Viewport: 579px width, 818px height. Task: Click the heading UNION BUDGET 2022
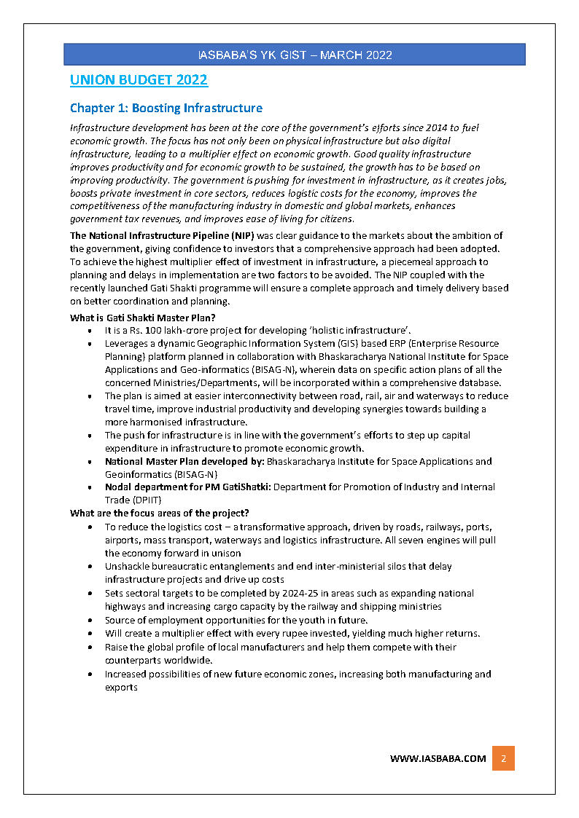[139, 80]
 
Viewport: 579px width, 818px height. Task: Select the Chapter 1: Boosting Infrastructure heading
[166, 109]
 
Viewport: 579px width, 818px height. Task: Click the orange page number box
[503, 758]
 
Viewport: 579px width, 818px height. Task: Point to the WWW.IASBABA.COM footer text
[438, 758]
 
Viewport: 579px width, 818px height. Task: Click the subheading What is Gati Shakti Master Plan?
[143, 318]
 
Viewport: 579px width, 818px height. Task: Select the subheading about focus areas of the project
[159, 513]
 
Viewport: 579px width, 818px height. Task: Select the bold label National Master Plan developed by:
[184, 462]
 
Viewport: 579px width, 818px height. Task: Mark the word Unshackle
[127, 566]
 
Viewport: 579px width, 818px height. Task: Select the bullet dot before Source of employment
[89, 621]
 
